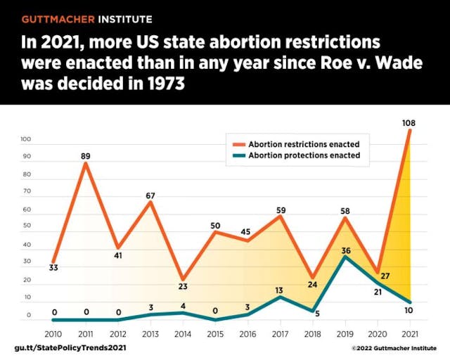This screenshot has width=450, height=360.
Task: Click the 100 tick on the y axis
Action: tap(27, 139)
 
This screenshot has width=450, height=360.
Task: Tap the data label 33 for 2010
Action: tap(53, 267)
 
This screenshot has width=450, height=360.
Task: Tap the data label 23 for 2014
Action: tap(182, 287)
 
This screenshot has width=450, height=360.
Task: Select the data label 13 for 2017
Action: tap(279, 289)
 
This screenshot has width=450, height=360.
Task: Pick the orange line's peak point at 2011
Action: tap(86, 163)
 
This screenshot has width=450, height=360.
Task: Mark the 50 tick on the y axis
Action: tap(27, 227)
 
